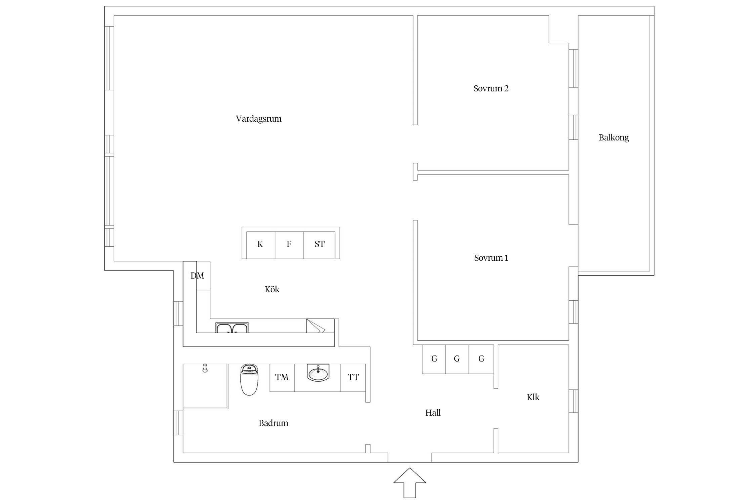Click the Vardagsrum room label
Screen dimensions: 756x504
tap(258, 119)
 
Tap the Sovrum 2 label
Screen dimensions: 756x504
tap(491, 88)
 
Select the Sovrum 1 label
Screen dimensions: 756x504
tap(491, 258)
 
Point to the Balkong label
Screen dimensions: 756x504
tap(614, 138)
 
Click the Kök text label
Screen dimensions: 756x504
tap(272, 289)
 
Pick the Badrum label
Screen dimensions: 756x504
tap(273, 423)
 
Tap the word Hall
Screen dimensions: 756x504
tap(433, 413)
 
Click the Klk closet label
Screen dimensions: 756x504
tap(533, 397)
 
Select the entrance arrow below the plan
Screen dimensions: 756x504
tap(410, 482)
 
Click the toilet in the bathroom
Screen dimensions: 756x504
tap(249, 380)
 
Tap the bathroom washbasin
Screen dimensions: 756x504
tap(318, 373)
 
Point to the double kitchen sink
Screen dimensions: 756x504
tap(232, 328)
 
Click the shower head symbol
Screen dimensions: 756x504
tap(204, 368)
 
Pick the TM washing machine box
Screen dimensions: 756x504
tap(282, 378)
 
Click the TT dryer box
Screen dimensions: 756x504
tap(353, 378)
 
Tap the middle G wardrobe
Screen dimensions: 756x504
tap(457, 359)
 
